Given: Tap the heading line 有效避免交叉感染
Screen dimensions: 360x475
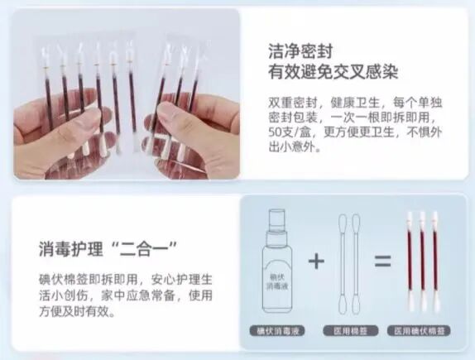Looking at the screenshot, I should (x=333, y=72).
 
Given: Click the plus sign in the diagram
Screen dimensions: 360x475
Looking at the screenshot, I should (x=314, y=262).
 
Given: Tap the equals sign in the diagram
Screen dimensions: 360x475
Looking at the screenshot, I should (x=381, y=262).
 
